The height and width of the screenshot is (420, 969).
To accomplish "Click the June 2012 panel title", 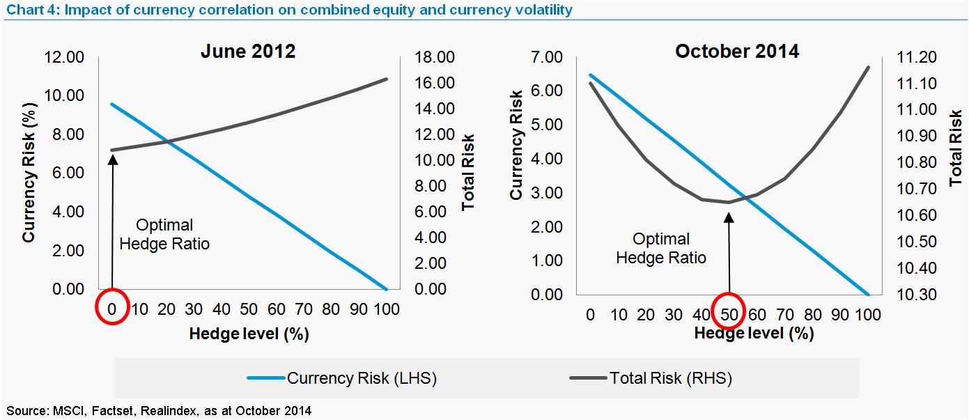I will (248, 52).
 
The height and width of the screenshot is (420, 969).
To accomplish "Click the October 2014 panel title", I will (736, 52).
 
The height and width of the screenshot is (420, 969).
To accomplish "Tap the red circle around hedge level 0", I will (112, 308).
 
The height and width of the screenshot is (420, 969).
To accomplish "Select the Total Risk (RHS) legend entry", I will (651, 378).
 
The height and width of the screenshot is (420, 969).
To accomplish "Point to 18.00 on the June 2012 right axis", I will (434, 57).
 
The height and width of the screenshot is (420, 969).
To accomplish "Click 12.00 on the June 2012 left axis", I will (64, 57).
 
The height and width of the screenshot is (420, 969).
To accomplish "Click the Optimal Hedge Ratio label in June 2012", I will (164, 235).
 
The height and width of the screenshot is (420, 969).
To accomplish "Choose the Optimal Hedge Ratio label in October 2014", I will (661, 248).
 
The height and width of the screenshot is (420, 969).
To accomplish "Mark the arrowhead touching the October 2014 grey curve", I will (729, 217).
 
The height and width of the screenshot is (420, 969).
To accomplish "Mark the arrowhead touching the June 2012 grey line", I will (112, 160).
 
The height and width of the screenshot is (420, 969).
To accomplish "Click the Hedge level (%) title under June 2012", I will (249, 334).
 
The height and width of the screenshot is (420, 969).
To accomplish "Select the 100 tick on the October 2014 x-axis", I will (867, 314).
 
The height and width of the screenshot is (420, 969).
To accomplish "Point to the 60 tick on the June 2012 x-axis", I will (277, 309).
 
